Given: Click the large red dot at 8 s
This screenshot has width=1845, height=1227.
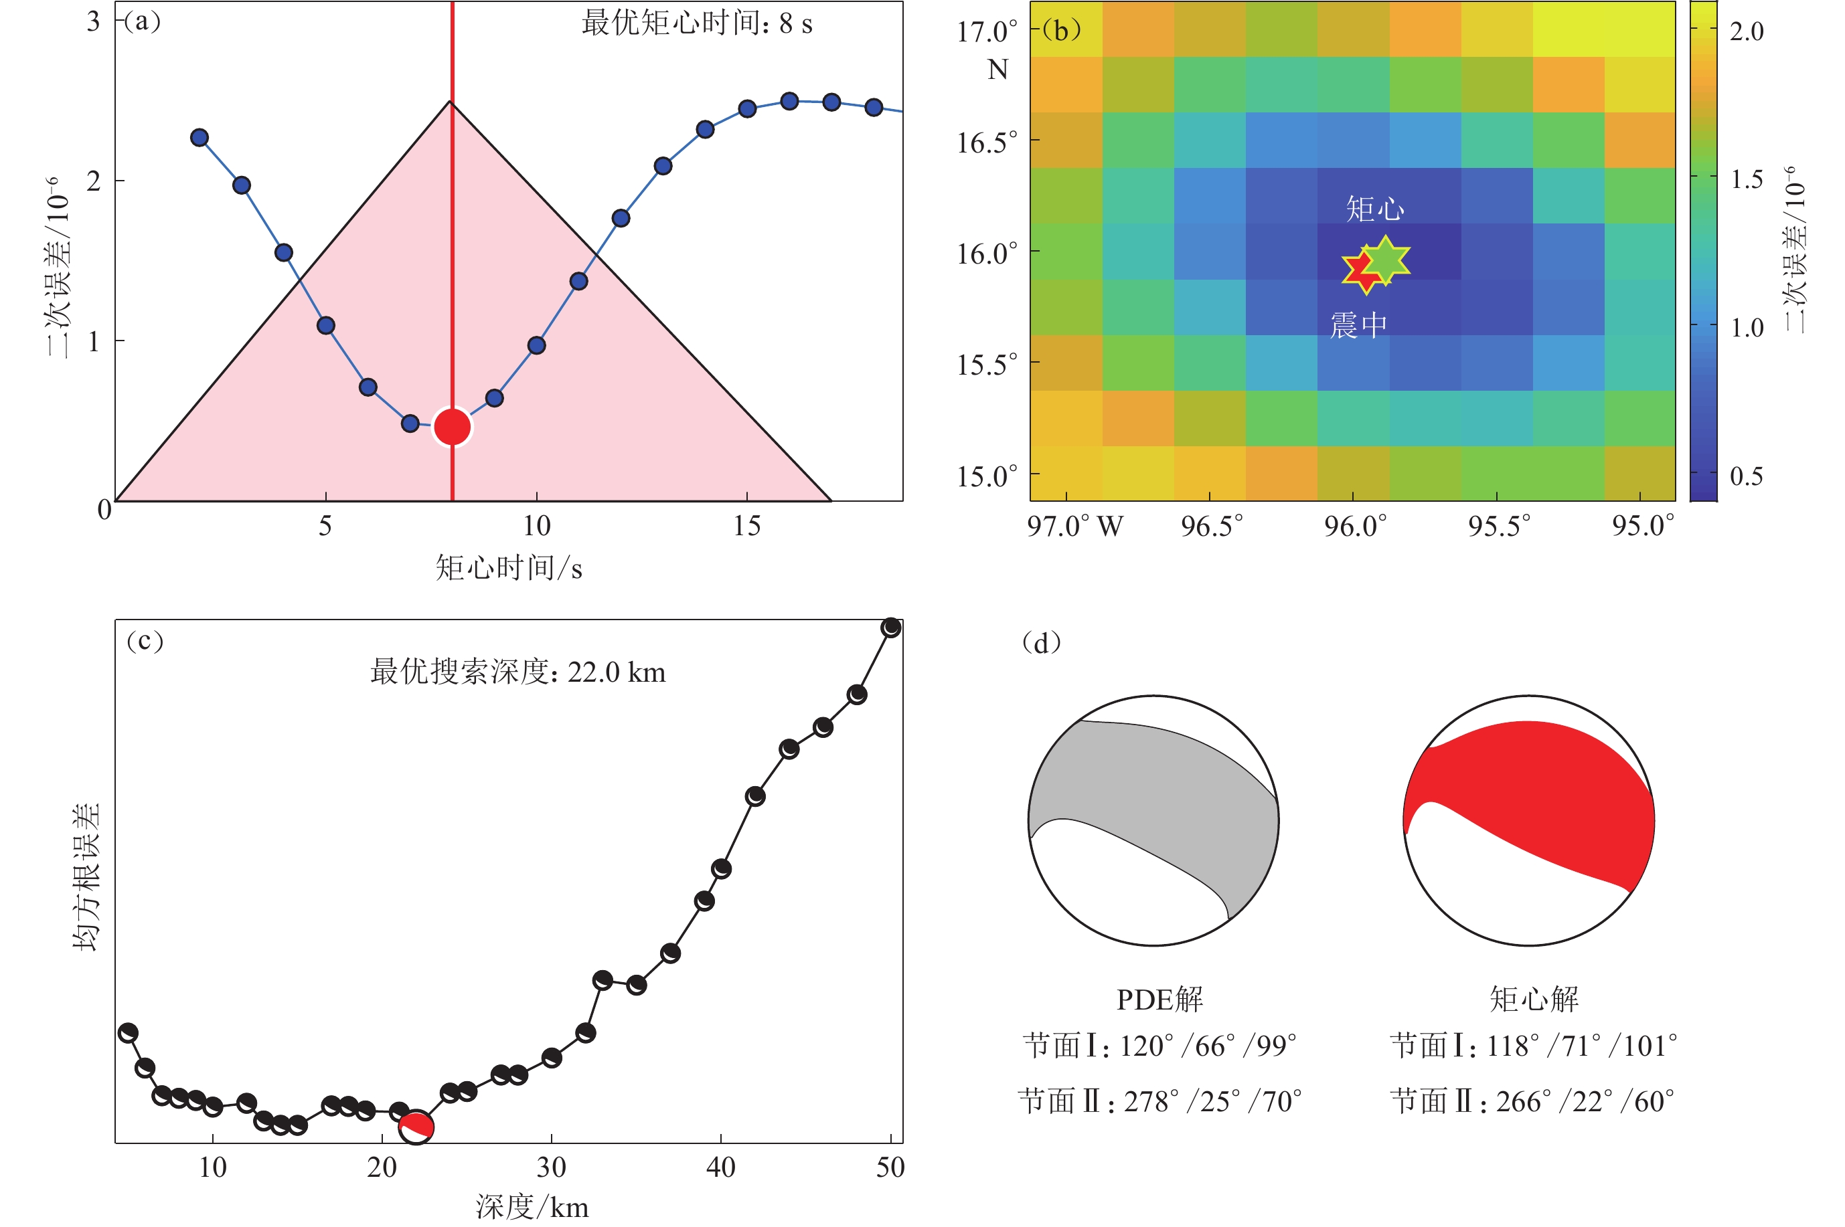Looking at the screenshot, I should tap(453, 426).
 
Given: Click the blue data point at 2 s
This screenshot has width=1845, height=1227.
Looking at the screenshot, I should tap(199, 138).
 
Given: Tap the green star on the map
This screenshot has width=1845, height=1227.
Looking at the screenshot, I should tap(1386, 260).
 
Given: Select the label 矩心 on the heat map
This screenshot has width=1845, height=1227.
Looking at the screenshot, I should tap(1374, 209).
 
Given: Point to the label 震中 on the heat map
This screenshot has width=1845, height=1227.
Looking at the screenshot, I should tap(1358, 324).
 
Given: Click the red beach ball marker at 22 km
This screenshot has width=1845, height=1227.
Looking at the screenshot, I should tap(416, 1126).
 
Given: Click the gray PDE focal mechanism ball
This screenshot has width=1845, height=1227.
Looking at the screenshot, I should tap(1153, 820).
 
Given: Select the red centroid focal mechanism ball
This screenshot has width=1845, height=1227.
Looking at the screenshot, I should tap(1529, 820).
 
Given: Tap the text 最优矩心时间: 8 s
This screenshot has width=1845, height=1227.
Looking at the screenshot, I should tap(697, 23).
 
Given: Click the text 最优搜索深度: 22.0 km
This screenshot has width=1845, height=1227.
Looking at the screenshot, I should tap(517, 672).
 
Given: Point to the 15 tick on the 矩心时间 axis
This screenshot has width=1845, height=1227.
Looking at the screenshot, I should tap(746, 526).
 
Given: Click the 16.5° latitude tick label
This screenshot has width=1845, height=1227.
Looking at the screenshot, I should tap(987, 143).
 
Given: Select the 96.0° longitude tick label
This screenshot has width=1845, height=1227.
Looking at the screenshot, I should tap(1355, 526).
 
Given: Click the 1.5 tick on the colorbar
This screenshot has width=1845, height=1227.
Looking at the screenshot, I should tap(1747, 179).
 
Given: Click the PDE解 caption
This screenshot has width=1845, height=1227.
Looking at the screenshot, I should tap(1159, 1000).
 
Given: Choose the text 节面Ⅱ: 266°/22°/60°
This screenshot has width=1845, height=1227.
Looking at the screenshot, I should tap(1532, 1101).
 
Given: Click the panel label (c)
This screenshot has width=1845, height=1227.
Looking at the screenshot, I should tap(145, 641).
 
